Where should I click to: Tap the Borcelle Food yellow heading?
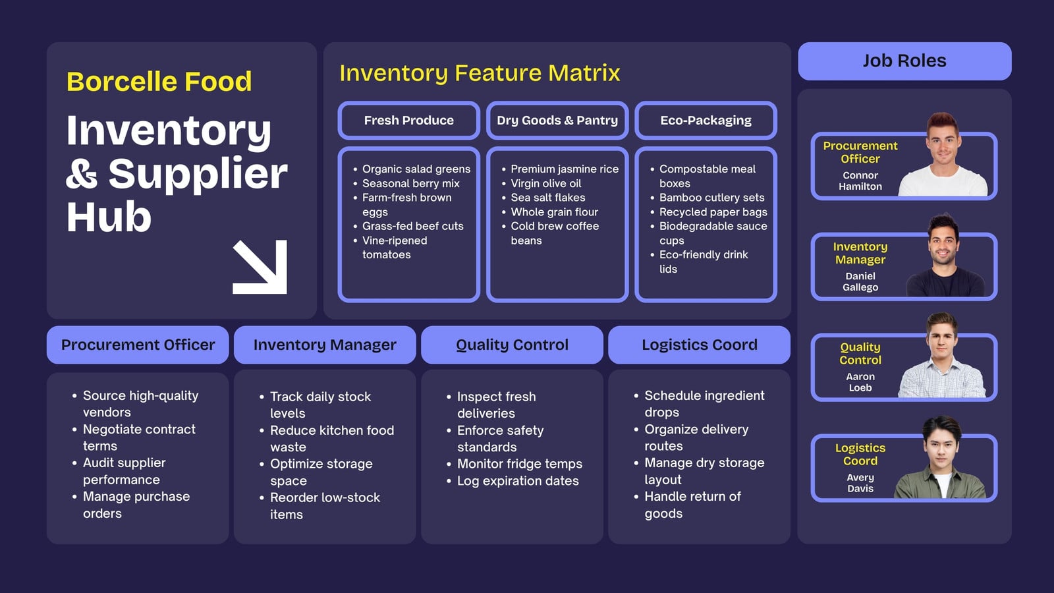click(x=159, y=82)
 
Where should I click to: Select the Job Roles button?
click(x=904, y=61)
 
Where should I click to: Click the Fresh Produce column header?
click(x=409, y=121)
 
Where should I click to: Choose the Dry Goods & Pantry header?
click(x=557, y=121)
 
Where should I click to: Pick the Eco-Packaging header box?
click(x=706, y=121)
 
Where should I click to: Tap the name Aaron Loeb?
click(x=860, y=382)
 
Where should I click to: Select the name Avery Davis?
click(x=860, y=483)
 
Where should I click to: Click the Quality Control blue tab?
click(x=512, y=345)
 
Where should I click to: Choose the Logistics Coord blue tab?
click(x=699, y=345)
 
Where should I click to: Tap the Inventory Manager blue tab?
click(x=325, y=345)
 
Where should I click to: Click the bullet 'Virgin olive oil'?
click(x=546, y=184)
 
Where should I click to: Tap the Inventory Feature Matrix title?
click(x=480, y=73)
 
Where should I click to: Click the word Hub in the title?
click(x=109, y=217)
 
